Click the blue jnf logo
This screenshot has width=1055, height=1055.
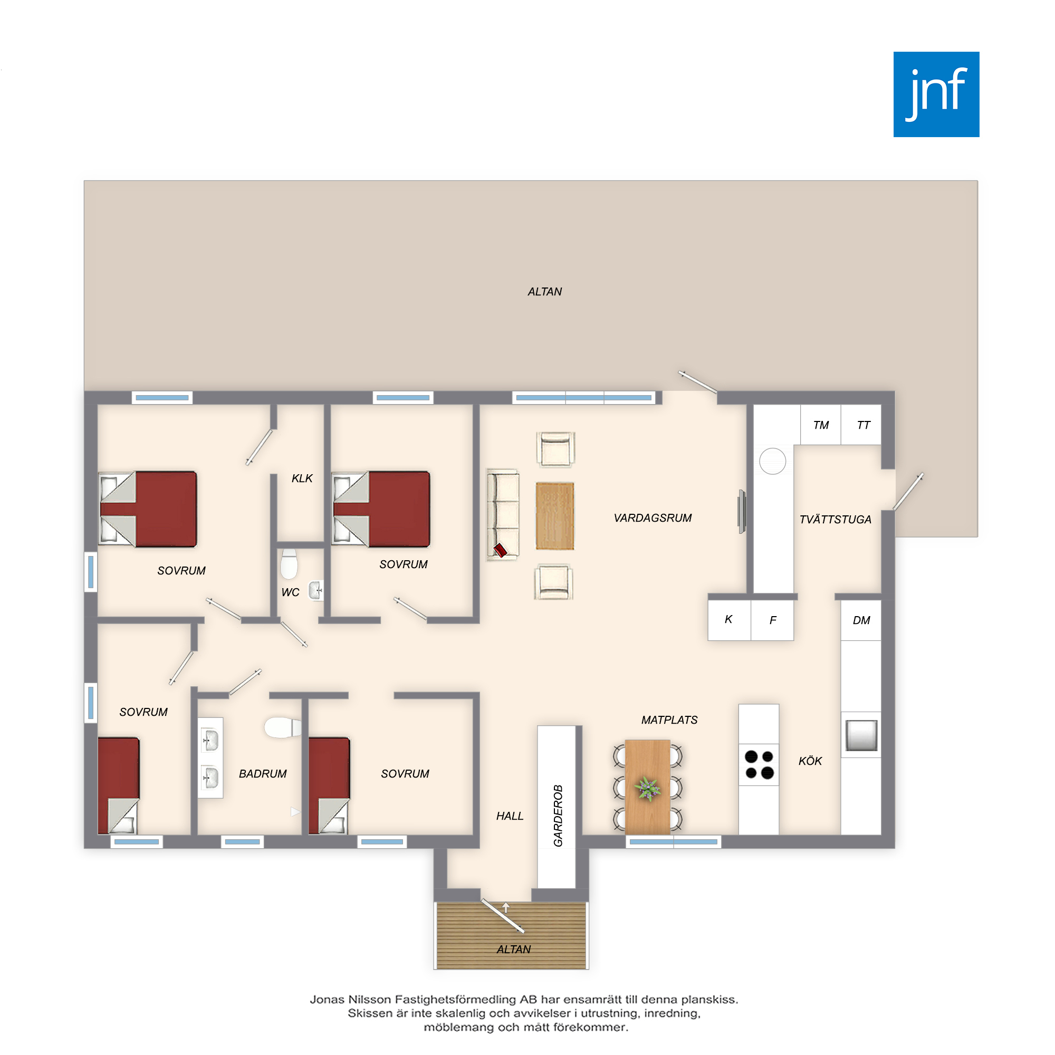(936, 94)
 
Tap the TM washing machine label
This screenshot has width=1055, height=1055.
(820, 425)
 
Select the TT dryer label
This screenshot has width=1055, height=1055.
(863, 425)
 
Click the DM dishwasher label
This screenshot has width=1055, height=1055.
(861, 620)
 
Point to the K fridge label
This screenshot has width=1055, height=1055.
(728, 619)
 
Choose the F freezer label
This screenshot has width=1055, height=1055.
(773, 620)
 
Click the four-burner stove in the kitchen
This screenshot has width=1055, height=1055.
(759, 764)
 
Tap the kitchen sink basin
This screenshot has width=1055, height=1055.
(861, 735)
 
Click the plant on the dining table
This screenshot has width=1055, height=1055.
(648, 789)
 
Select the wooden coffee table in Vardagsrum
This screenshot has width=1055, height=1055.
(554, 515)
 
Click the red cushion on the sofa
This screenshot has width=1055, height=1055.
(500, 550)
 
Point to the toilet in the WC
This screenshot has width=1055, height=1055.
(289, 563)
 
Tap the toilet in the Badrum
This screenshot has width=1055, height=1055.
(282, 727)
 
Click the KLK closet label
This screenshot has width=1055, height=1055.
(302, 478)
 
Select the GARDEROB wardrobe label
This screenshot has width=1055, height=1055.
(558, 816)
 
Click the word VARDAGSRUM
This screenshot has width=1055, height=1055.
(653, 517)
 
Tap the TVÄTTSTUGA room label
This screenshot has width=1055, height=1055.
(835, 519)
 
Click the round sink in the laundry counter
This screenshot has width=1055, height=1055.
(772, 461)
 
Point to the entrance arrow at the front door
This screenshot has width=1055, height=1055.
(506, 907)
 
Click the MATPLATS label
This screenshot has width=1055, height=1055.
(669, 720)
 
